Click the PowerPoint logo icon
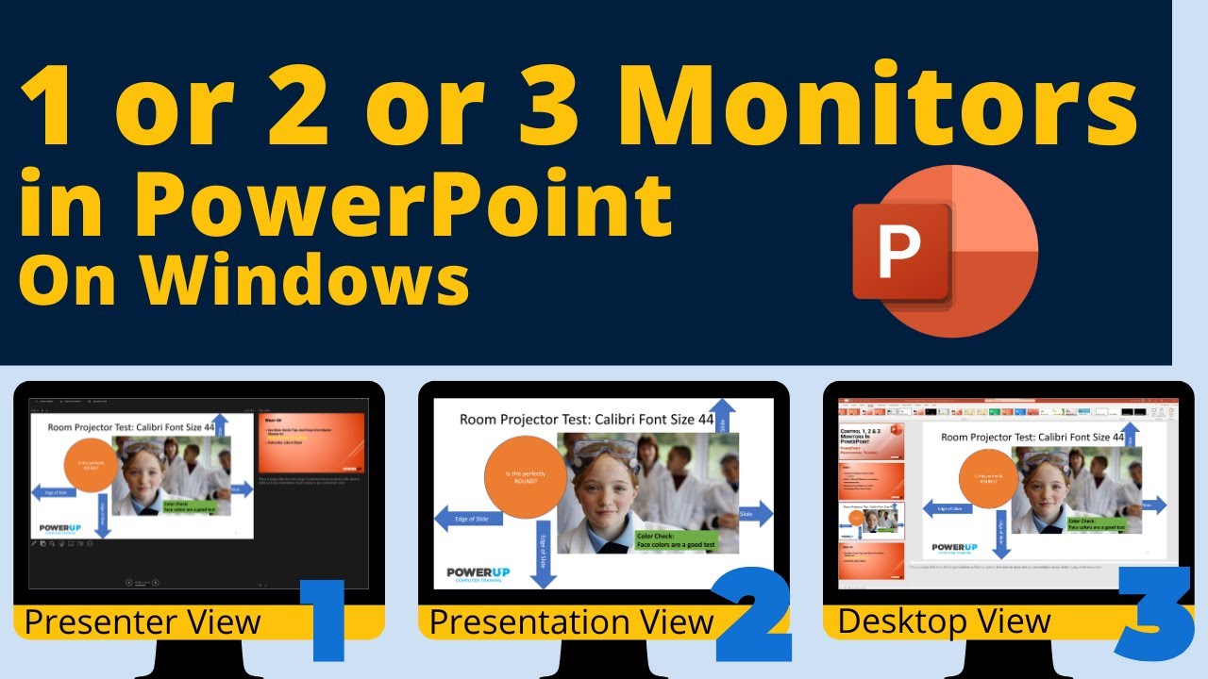coord(944,253)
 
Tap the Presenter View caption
coord(142,622)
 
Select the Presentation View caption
coord(570,622)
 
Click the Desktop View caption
coord(944,621)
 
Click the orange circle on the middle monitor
coord(525,477)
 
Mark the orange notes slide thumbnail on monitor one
coord(312,441)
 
